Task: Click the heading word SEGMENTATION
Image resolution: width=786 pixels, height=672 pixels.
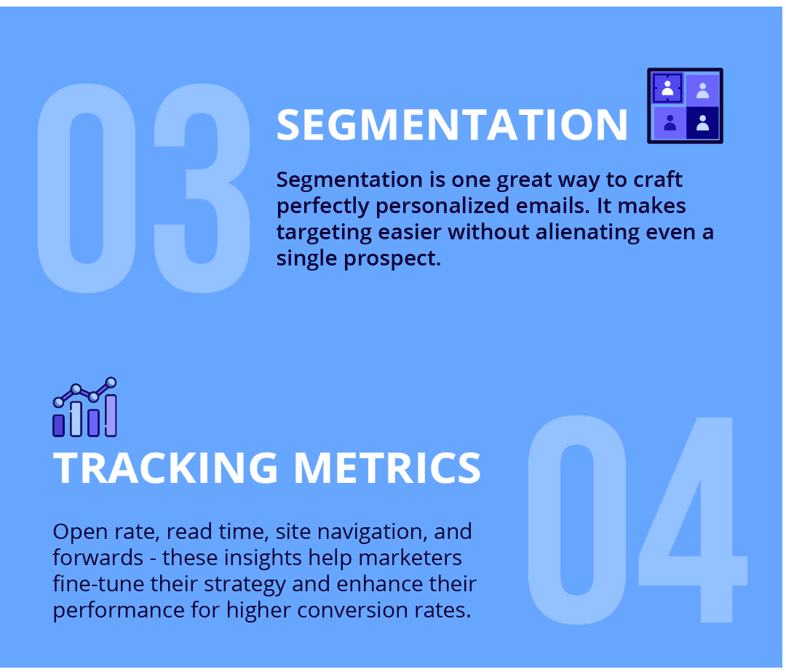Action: coord(451,124)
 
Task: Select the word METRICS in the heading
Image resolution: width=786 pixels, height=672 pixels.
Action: coord(386,468)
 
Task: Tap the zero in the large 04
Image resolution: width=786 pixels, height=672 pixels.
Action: coord(576,520)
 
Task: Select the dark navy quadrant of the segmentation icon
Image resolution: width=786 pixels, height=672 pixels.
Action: coord(702,123)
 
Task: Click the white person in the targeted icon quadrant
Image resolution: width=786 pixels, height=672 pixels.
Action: coord(667,88)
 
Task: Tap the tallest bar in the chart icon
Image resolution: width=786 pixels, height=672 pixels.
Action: coord(111,415)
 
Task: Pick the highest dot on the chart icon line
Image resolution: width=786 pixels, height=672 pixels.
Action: coord(111,382)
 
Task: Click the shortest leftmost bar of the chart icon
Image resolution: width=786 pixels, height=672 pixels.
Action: coord(59,425)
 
